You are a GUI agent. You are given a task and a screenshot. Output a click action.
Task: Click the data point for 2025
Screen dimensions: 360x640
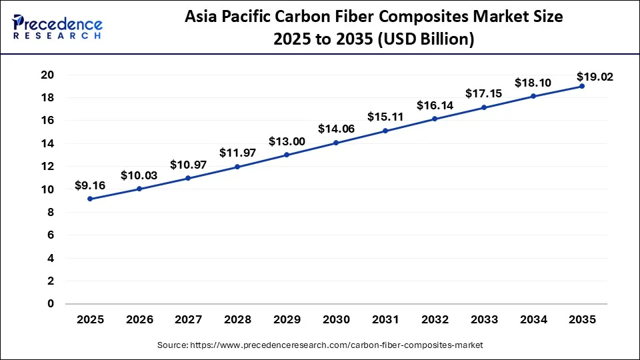(90, 199)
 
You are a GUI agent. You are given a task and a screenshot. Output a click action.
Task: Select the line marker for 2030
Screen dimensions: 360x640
(336, 143)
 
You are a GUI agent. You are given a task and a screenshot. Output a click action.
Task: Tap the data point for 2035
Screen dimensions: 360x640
(581, 86)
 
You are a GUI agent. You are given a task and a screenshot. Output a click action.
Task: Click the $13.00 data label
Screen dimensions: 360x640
(287, 141)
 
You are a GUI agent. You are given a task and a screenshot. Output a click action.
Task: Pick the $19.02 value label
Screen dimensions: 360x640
(595, 77)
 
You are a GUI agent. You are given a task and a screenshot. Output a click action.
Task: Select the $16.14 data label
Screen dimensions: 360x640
(434, 105)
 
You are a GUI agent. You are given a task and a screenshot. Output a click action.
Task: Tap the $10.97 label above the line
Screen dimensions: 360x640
(188, 164)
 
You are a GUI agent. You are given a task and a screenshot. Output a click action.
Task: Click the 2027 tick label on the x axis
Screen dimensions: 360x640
(189, 319)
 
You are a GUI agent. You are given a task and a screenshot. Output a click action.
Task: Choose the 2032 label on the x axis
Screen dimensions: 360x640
(434, 319)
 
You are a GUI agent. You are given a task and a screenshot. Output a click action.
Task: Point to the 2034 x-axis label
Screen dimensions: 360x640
(533, 319)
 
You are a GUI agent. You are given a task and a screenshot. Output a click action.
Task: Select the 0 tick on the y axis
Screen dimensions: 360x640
(50, 304)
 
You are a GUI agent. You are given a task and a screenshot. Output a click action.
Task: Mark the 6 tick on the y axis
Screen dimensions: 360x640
(50, 235)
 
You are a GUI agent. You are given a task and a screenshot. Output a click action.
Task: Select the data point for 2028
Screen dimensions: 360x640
(237, 167)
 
